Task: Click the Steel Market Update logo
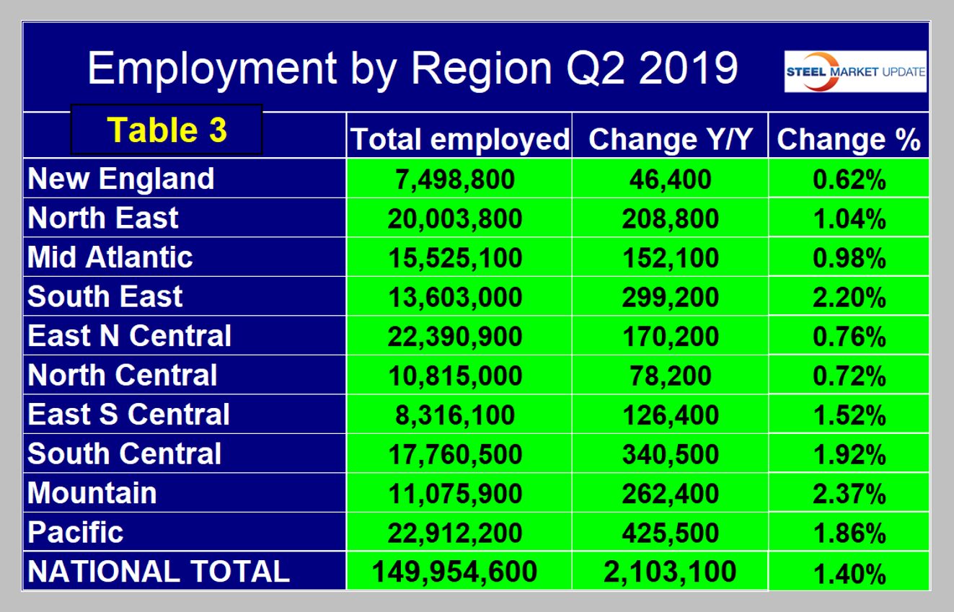pyautogui.click(x=855, y=71)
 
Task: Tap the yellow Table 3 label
pyautogui.click(x=167, y=130)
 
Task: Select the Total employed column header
pyautogui.click(x=459, y=139)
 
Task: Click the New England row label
pyautogui.click(x=121, y=179)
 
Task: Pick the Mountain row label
pyautogui.click(x=92, y=493)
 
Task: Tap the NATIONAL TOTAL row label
pyautogui.click(x=159, y=571)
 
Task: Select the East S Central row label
pyautogui.click(x=129, y=414)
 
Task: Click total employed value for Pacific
pyautogui.click(x=454, y=533)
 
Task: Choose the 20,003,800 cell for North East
pyautogui.click(x=454, y=218)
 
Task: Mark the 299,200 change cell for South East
pyautogui.click(x=670, y=297)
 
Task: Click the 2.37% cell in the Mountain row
pyautogui.click(x=849, y=494)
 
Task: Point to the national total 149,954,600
pyautogui.click(x=454, y=572)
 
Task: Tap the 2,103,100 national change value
pyautogui.click(x=670, y=572)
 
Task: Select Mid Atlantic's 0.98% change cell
pyautogui.click(x=849, y=257)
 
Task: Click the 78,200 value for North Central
pyautogui.click(x=670, y=376)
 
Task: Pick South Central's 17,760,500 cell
pyautogui.click(x=454, y=454)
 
